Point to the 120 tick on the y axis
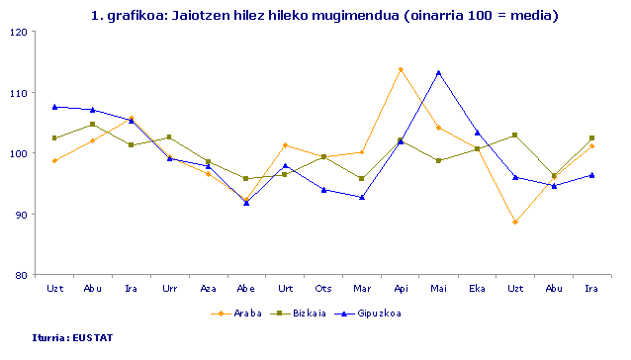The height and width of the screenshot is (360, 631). point(20,32)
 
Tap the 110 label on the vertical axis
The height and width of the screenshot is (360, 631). point(20,92)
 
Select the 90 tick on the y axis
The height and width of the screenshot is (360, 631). point(22,215)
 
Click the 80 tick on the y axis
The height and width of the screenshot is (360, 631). point(22,275)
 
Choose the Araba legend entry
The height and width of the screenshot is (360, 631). point(232,314)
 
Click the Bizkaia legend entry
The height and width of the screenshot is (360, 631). point(304,314)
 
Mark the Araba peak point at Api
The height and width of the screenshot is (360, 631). point(401,69)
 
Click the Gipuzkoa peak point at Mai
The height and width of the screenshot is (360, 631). point(438,72)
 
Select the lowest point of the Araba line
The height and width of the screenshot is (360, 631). point(515,222)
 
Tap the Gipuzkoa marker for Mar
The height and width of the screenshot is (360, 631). point(362,197)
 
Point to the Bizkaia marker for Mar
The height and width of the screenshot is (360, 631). point(362,179)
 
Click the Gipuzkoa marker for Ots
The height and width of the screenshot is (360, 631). point(323,189)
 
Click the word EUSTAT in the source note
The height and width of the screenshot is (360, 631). point(93,337)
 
